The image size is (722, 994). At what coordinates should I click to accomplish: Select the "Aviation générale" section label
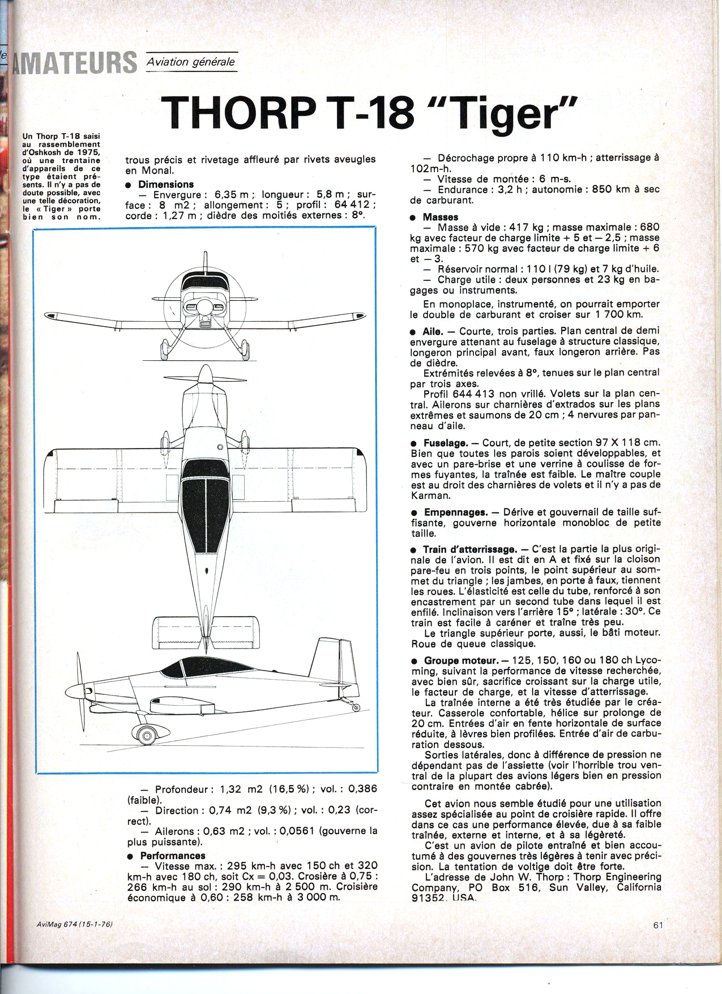pos(190,62)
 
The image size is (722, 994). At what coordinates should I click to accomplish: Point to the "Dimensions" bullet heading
pos(165,184)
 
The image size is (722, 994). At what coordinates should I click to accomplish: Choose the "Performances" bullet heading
pos(173,855)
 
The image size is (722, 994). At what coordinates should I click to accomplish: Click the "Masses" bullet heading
pos(440,217)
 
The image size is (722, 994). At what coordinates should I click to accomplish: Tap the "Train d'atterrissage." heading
pos(469,549)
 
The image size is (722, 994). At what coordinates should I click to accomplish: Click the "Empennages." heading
pos(455,512)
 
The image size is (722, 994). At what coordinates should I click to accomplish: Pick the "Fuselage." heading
pos(446,443)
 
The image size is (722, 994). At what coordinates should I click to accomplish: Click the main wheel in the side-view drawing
pos(147,735)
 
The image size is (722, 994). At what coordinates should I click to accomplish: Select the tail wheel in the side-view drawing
pos(355,707)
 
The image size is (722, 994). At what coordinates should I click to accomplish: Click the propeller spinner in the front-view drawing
pos(204,306)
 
